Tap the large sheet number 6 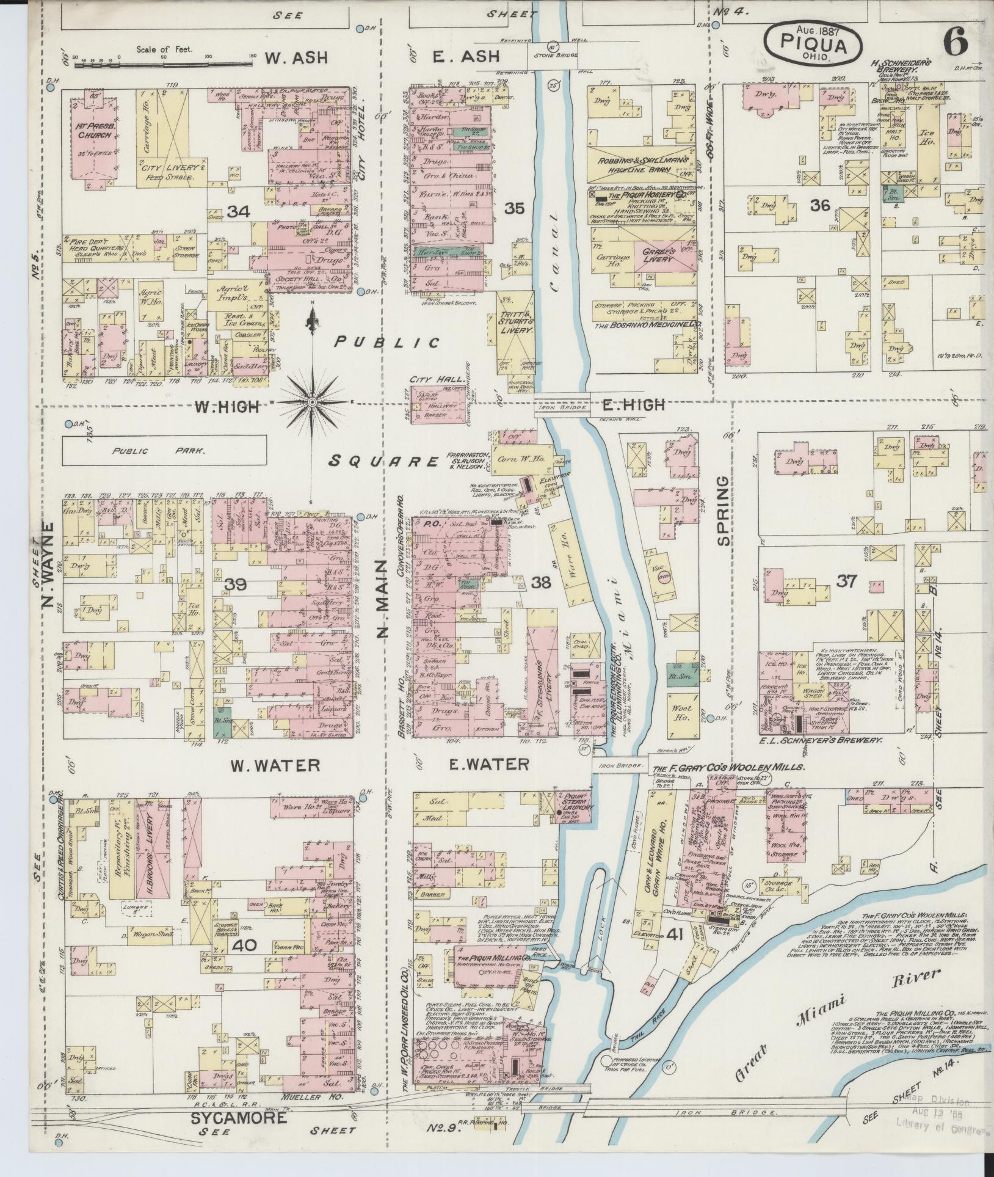click(x=955, y=43)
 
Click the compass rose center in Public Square click(x=311, y=402)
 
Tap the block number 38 click(x=541, y=583)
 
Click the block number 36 click(x=820, y=205)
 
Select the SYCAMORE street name click(x=239, y=1118)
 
